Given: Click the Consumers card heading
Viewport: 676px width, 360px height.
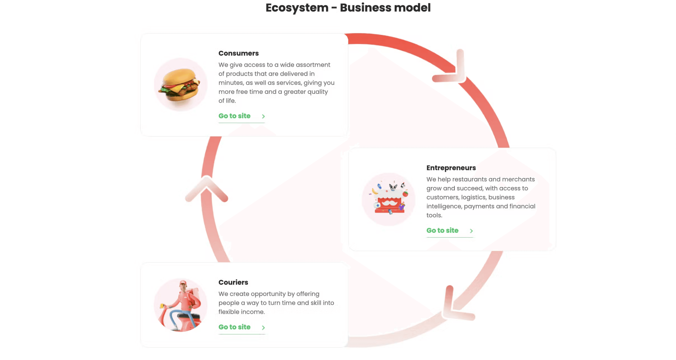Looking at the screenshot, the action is coord(238,53).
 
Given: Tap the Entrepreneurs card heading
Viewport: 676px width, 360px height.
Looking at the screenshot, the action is coord(451,168).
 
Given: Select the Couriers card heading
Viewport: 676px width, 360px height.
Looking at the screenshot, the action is coord(233,282).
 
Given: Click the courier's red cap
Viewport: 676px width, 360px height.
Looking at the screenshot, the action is coord(183,283).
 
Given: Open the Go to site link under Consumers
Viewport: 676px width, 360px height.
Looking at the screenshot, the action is coord(234,116).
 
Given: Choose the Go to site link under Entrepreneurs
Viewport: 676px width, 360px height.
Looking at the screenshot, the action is coord(442,231).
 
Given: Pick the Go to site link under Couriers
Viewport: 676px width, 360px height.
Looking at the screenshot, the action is coord(234,327).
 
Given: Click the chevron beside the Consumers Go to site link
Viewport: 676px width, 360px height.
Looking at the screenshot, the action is coord(263,116).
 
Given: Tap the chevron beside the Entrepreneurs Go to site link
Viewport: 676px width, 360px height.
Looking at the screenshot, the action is coord(471,231).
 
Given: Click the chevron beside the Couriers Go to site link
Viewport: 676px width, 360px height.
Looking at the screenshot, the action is coord(263,328).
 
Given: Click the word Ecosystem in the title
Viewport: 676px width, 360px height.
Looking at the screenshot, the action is coord(297,8).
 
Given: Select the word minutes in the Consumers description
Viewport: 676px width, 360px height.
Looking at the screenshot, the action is coord(231,83).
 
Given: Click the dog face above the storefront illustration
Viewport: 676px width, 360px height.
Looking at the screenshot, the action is coord(393,187).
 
